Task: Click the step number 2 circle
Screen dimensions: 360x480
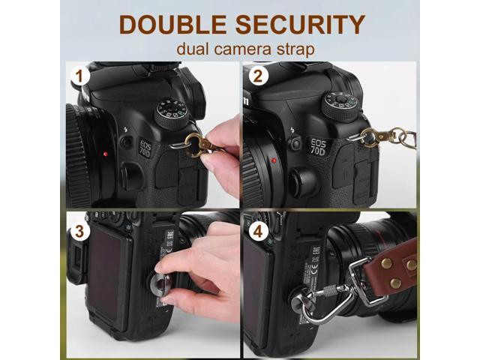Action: [x=258, y=76]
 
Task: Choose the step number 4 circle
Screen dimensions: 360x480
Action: [x=258, y=230]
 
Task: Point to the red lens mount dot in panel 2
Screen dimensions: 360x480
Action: [x=275, y=161]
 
